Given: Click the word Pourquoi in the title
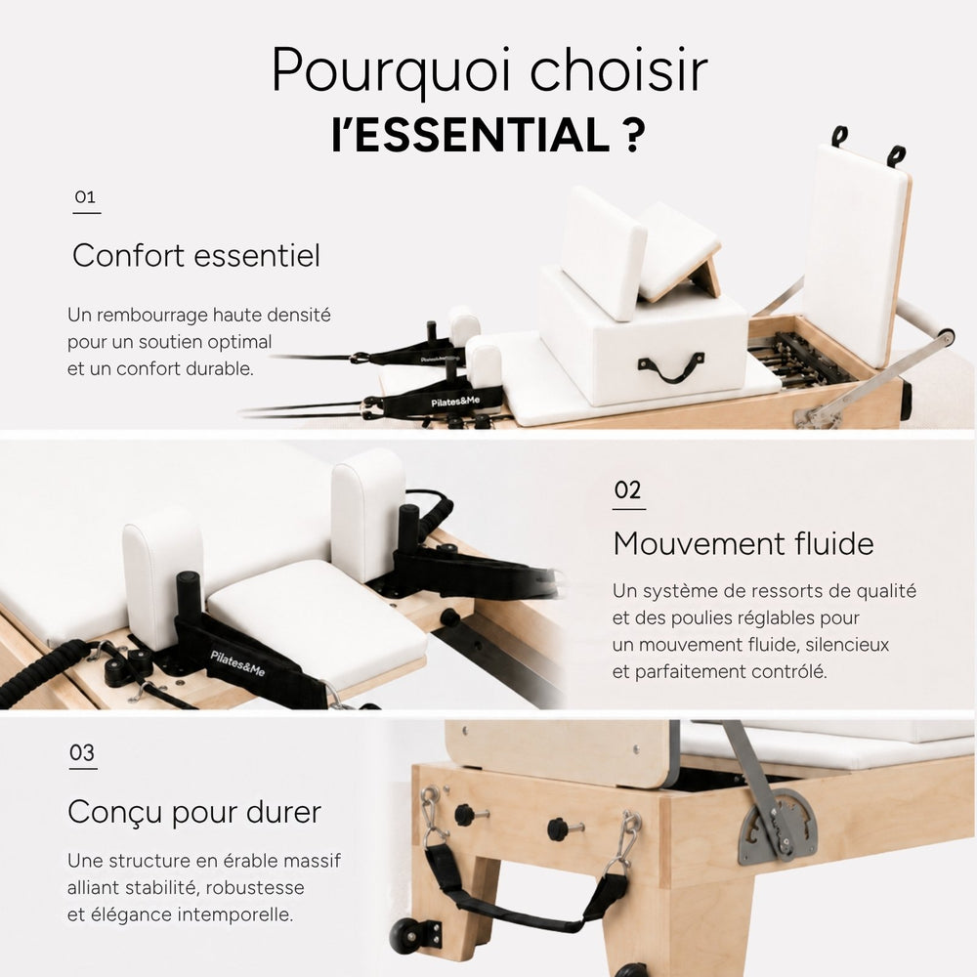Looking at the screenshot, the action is [392, 71].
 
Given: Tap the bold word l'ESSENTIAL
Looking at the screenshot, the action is [471, 135].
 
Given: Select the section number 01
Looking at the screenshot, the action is [85, 197].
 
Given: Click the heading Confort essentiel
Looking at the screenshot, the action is [196, 255].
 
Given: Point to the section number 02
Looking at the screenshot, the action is [627, 490].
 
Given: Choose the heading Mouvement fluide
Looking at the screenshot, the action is [743, 543].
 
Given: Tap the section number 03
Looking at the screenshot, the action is [82, 752].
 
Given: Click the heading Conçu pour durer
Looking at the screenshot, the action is [194, 813].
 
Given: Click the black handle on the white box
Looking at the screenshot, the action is [671, 368].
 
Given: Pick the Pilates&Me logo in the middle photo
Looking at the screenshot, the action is [237, 663].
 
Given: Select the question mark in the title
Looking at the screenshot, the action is [634, 135].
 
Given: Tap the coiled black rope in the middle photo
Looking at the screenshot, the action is [44, 670].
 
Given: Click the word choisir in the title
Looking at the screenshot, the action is [618, 69].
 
